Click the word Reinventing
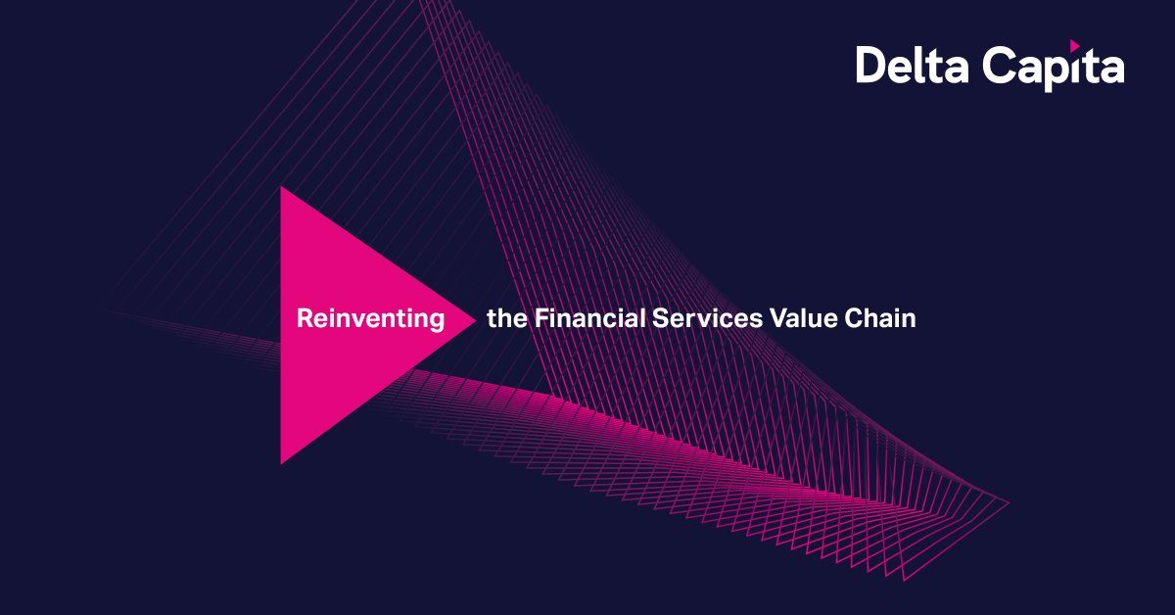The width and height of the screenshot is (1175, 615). coord(371,319)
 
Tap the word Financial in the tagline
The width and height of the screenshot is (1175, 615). coord(589,318)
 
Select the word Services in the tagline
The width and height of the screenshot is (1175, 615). coord(707,318)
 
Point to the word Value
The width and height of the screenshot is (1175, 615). coord(804,318)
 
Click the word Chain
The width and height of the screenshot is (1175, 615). coord(880,318)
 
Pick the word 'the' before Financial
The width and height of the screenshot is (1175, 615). coord(507,318)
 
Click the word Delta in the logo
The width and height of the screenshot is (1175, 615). coord(913,65)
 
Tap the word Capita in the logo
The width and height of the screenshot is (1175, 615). coord(1054,67)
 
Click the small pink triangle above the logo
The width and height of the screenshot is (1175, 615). coord(1074,46)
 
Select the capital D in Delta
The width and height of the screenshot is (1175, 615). coord(871,65)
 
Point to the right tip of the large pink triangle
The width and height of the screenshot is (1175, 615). coord(476,320)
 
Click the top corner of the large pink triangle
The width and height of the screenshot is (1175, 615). coord(281,187)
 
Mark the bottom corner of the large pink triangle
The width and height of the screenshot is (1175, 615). coord(281,464)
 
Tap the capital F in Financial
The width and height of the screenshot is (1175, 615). coord(541,318)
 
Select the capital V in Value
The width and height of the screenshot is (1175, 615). coord(779,318)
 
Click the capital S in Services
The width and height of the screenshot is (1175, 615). coord(661,318)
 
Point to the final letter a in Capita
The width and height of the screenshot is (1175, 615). coord(1110,70)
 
